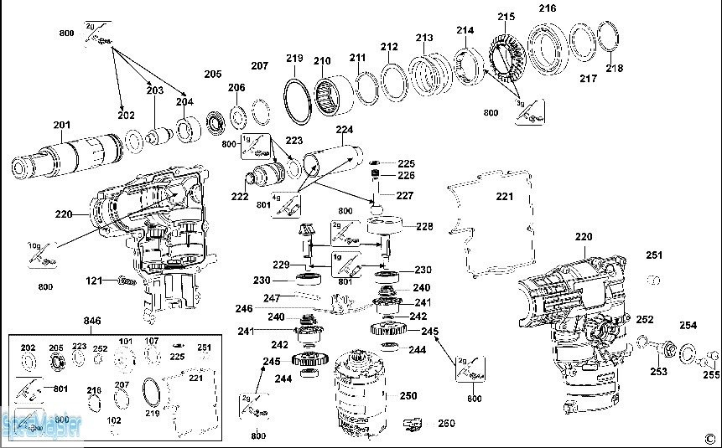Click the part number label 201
click(61, 126)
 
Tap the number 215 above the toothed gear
click(506, 16)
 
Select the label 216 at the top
click(548, 8)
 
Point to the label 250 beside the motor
click(408, 396)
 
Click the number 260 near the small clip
click(446, 424)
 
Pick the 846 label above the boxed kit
click(92, 321)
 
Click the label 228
click(424, 226)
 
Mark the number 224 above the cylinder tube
click(344, 130)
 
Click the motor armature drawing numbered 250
click(362, 394)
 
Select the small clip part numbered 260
click(413, 424)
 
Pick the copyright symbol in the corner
click(709, 436)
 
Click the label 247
click(272, 297)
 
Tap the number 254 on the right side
click(688, 325)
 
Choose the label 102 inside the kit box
click(114, 420)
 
